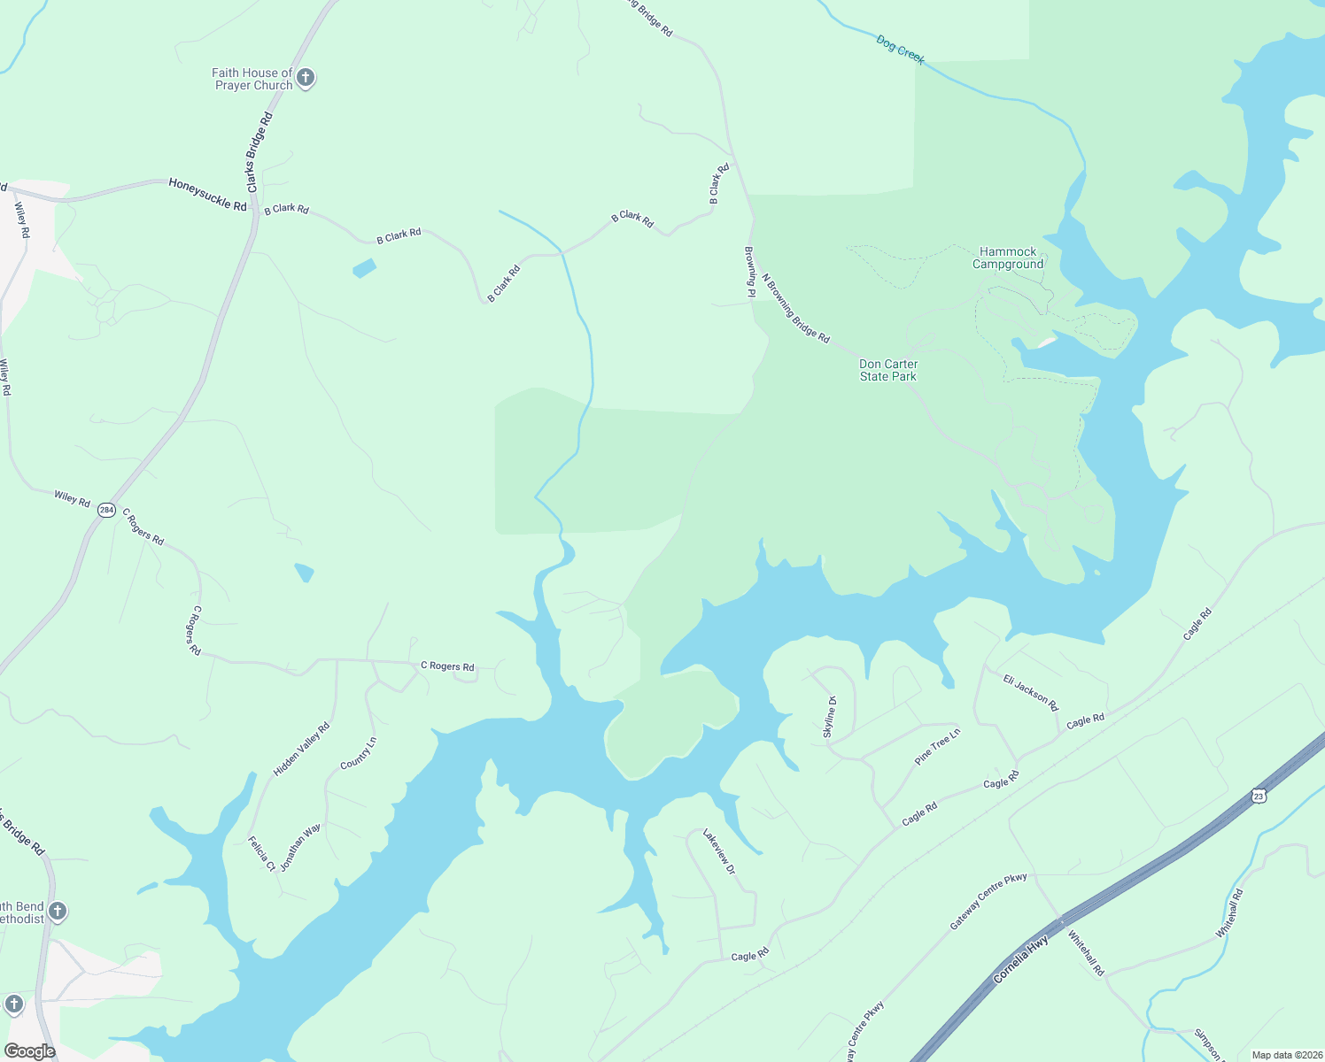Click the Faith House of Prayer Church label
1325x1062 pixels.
pyautogui.click(x=252, y=79)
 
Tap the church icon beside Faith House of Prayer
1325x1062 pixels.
pyautogui.click(x=306, y=78)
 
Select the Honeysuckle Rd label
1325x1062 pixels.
pyautogui.click(x=208, y=194)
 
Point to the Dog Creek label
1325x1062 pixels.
pyautogui.click(x=900, y=50)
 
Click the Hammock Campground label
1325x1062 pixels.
pyautogui.click(x=1008, y=258)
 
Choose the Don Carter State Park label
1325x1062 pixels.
pyautogui.click(x=888, y=370)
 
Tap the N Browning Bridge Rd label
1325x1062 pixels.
pyautogui.click(x=795, y=308)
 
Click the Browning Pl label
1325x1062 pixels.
pyautogui.click(x=749, y=272)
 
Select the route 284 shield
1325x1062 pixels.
pyautogui.click(x=107, y=510)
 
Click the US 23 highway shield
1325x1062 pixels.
pyautogui.click(x=1259, y=796)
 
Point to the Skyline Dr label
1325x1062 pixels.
pyautogui.click(x=830, y=717)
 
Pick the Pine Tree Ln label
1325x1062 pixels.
pyautogui.click(x=937, y=746)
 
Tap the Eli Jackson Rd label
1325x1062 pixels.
pyautogui.click(x=1031, y=692)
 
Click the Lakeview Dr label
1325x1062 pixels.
pyautogui.click(x=719, y=851)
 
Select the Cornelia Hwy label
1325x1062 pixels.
pyautogui.click(x=1021, y=960)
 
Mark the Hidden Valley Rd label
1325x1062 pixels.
pyautogui.click(x=301, y=749)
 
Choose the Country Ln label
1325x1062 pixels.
pyautogui.click(x=359, y=752)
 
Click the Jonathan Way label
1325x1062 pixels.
pyautogui.click(x=300, y=847)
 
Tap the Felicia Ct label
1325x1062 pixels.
pyautogui.click(x=261, y=853)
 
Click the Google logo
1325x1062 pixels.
pyautogui.click(x=29, y=1051)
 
